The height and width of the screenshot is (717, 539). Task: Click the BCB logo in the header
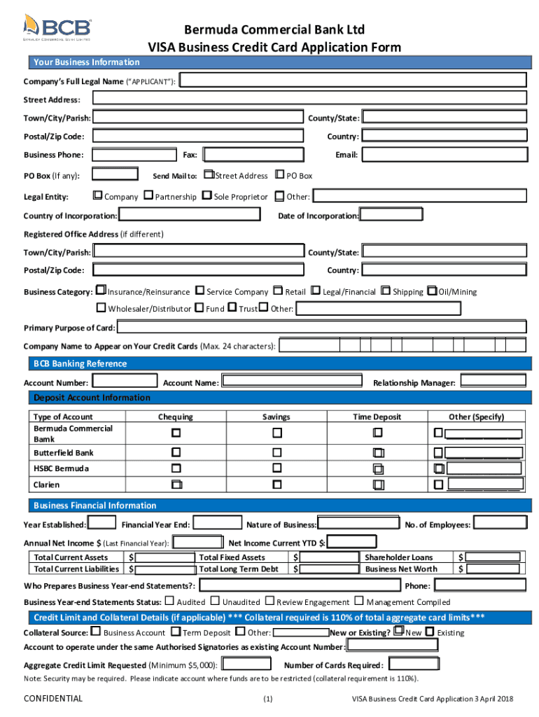pos(57,29)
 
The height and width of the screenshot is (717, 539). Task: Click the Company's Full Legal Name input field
pos(353,81)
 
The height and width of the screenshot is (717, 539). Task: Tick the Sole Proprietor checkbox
pos(206,196)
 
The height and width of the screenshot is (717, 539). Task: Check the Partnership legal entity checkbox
pos(148,196)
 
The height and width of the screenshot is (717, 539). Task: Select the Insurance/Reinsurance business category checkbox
pos(101,291)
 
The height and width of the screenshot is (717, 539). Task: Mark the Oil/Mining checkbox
pos(432,291)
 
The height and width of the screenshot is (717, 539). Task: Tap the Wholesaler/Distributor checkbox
pos(101,308)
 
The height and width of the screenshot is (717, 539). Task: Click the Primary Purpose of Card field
pos(321,327)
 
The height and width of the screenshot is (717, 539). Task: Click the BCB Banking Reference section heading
pos(80,363)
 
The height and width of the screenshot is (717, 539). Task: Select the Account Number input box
pos(125,381)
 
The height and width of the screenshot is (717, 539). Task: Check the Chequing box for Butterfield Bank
pos(176,452)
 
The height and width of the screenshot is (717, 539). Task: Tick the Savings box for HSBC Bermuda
pos(276,468)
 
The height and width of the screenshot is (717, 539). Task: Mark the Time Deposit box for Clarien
pos(378,485)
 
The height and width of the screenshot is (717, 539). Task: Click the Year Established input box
pos(103,523)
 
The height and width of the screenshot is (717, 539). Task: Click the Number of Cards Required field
pos(413,664)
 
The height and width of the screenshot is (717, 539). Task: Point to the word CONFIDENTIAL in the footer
pos(53,698)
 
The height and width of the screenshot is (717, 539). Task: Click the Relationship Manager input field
pos(492,381)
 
